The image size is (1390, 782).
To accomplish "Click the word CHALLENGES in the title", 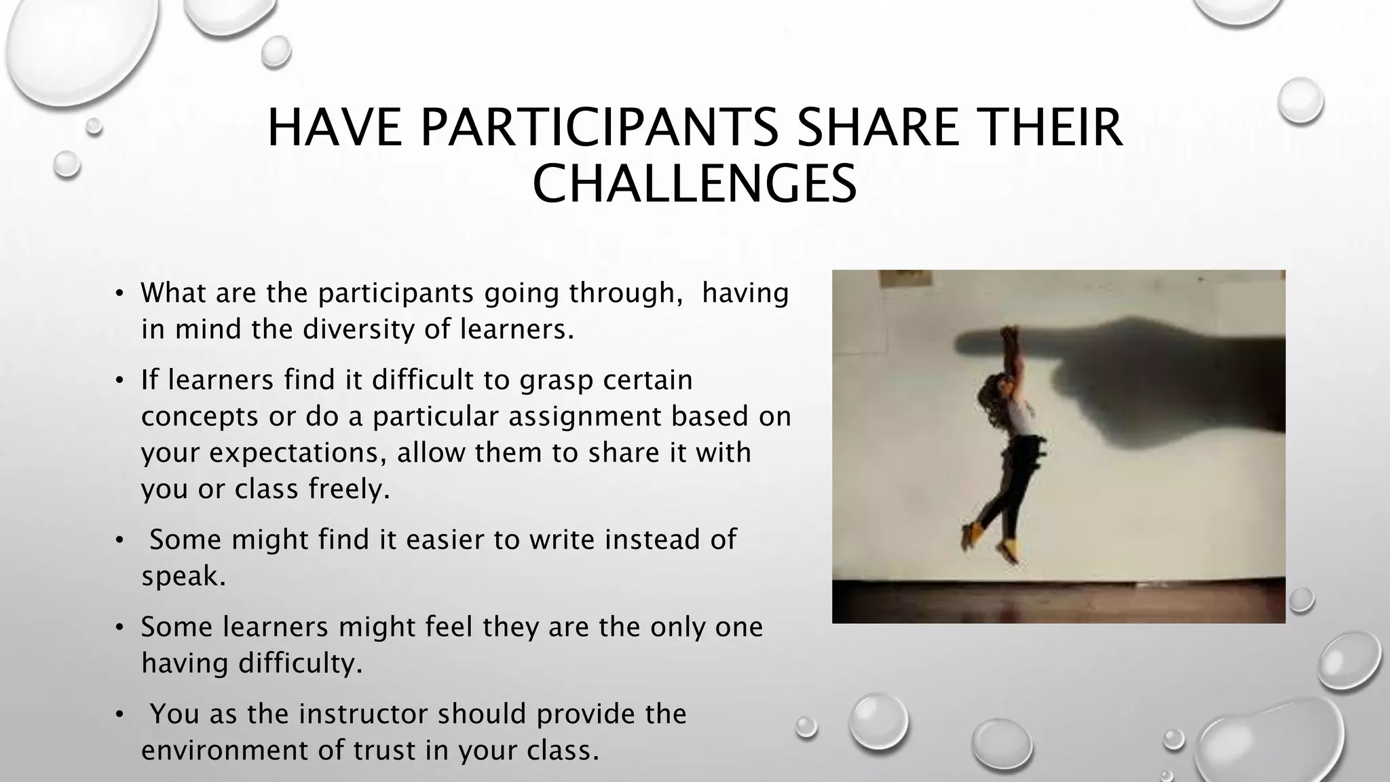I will tap(694, 184).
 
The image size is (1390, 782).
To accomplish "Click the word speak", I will tap(183, 576).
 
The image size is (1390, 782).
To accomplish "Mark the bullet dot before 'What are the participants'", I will tap(119, 294).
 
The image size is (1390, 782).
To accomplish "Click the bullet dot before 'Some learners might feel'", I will tap(119, 627).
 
